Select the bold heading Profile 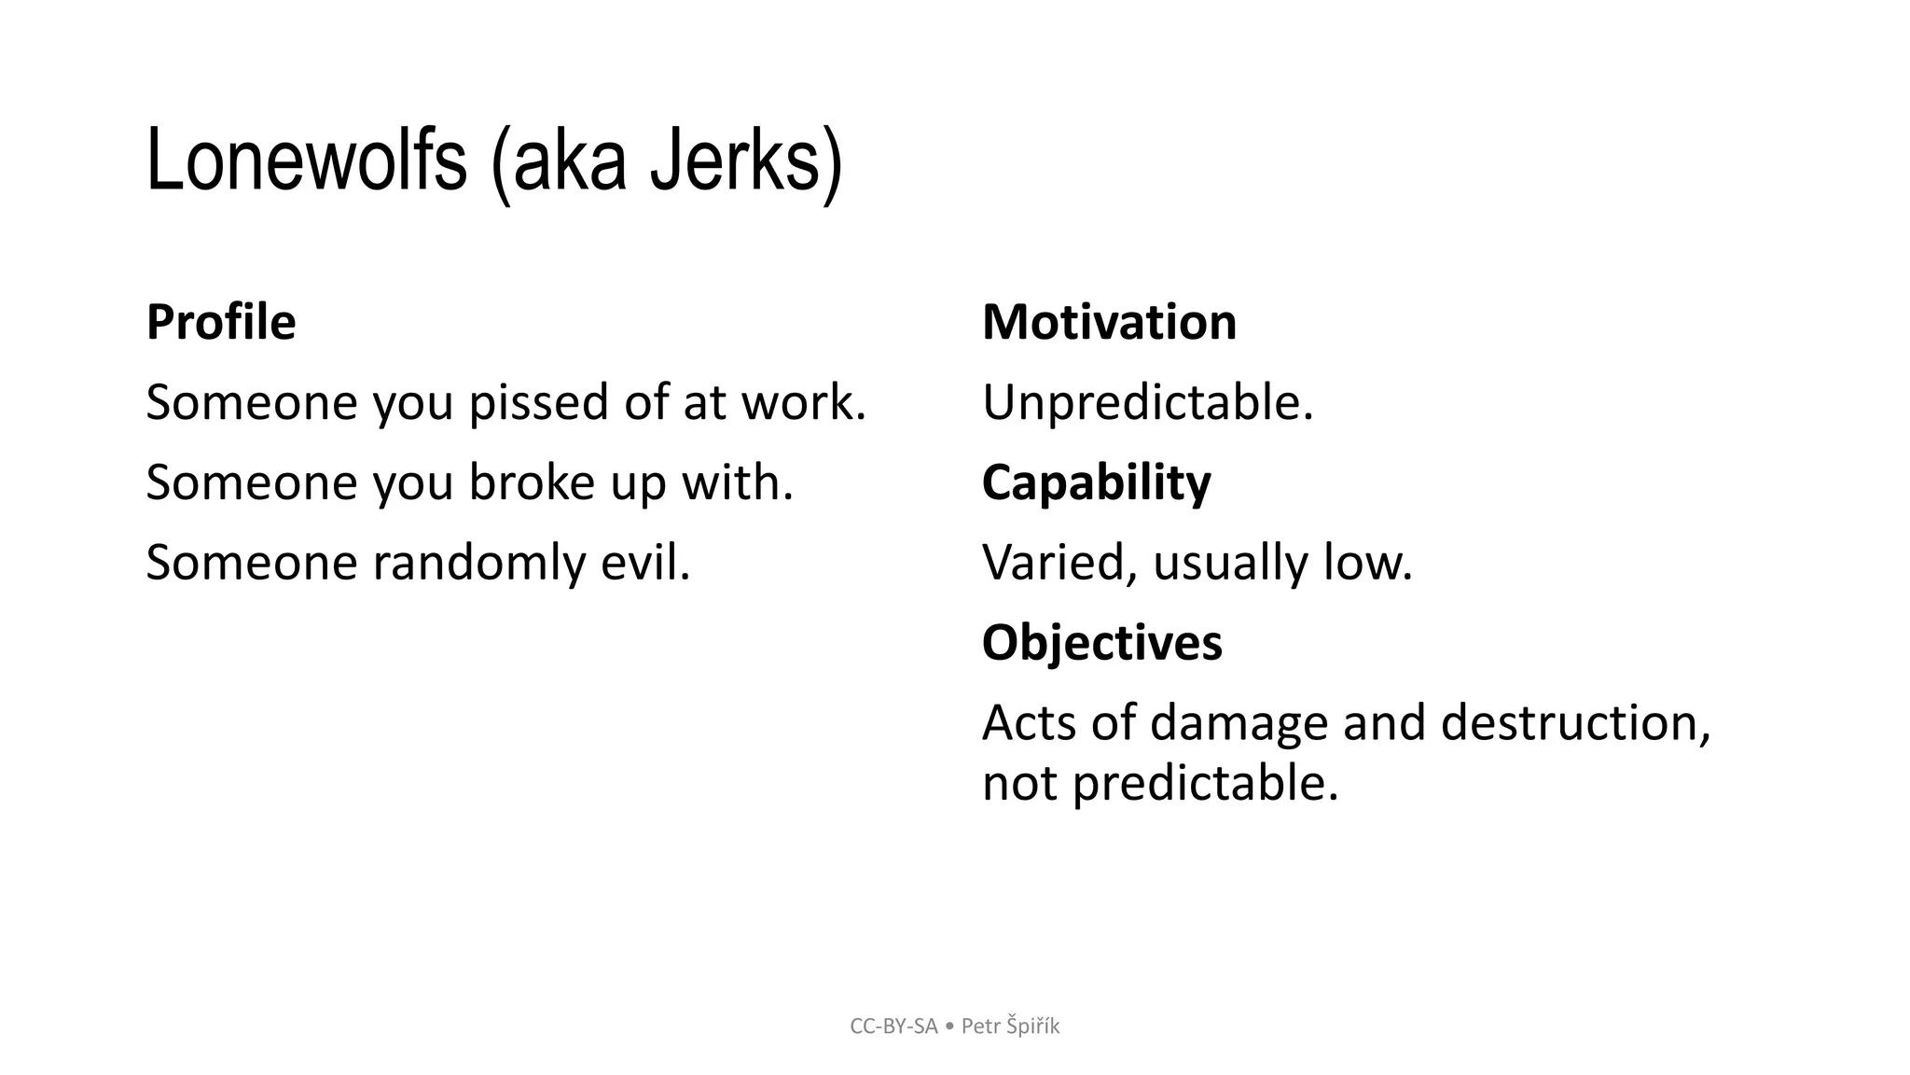click(x=221, y=322)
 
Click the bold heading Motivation click(x=1109, y=322)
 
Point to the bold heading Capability click(x=1096, y=482)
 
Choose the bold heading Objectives click(x=1101, y=643)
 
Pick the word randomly click(x=478, y=564)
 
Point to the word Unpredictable click(x=1146, y=403)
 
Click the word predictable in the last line click(x=1204, y=783)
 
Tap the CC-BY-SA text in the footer click(x=893, y=1026)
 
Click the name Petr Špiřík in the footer click(x=1010, y=1026)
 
